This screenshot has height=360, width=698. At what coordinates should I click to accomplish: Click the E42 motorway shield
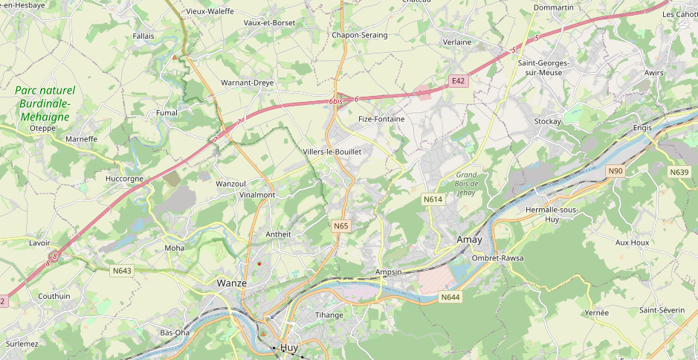459,80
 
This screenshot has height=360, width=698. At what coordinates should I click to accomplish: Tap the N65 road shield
340,225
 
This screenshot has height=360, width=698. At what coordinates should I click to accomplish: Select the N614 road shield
433,199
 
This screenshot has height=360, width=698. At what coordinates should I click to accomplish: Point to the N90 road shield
615,171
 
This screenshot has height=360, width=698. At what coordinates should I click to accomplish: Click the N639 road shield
679,172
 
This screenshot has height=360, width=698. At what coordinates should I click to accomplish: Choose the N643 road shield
122,271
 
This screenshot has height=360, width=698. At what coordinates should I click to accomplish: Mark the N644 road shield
450,298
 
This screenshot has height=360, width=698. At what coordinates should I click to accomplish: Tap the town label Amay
469,240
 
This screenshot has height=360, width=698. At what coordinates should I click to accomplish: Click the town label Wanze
231,283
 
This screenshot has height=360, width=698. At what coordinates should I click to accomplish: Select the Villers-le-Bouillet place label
332,152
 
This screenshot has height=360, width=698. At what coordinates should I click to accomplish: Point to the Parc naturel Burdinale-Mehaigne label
45,103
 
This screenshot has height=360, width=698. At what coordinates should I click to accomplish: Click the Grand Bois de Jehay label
466,183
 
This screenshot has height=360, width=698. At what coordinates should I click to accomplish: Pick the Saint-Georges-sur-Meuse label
543,68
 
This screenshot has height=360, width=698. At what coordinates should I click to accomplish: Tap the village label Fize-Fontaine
381,118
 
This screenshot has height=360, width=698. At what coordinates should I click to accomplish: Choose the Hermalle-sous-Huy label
552,214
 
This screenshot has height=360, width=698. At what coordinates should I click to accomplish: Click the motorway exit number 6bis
336,101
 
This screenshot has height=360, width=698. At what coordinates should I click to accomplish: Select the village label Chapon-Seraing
359,35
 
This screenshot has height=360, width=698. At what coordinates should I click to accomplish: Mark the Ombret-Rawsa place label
497,258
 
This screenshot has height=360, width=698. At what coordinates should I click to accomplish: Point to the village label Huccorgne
125,179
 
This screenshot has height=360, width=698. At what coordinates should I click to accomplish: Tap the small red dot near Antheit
259,263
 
